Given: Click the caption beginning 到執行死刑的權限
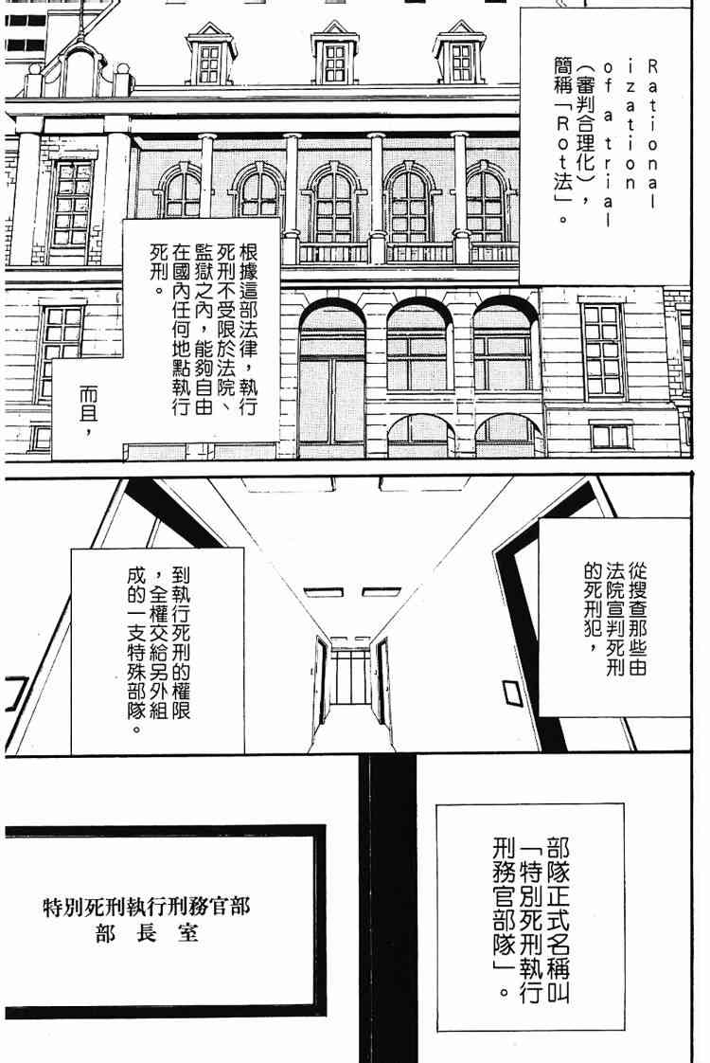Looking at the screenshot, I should pos(157,650).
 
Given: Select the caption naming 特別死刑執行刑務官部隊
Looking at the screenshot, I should pos(532,914).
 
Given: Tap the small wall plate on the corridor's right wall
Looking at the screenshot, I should pos(511,694).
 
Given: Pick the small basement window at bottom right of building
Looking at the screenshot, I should pos(610,436).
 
